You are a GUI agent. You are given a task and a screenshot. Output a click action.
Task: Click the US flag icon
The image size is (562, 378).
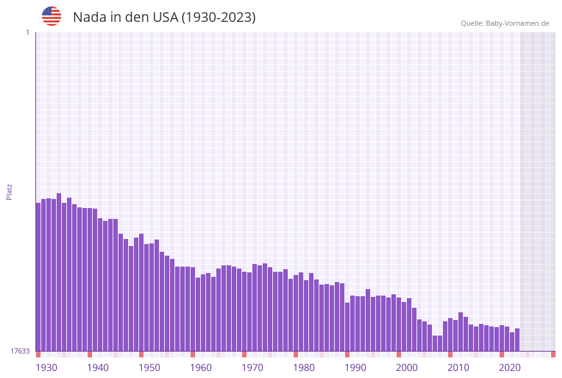tap(52, 16)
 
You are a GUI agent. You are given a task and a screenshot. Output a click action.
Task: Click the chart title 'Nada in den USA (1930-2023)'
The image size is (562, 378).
tap(164, 17)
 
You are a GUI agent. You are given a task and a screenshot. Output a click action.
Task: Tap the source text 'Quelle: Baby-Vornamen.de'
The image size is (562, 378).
tap(505, 23)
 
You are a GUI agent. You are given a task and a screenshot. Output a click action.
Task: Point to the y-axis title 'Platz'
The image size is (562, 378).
tap(10, 192)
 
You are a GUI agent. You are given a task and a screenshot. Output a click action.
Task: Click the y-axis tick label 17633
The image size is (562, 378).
tap(19, 351)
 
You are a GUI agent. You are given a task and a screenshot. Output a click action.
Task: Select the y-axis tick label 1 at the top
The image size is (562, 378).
tap(27, 32)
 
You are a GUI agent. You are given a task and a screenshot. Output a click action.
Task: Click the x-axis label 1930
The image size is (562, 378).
tap(46, 368)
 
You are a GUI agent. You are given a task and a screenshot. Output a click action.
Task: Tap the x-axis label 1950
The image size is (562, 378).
tap(149, 368)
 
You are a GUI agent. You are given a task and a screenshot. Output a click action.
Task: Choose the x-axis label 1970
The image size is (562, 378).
tap(252, 368)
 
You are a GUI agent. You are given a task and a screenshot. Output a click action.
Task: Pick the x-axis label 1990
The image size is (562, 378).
tap(355, 368)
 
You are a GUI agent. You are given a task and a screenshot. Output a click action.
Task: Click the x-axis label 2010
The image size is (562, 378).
tap(458, 368)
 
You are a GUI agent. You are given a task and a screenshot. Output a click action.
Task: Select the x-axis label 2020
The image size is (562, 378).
tap(510, 368)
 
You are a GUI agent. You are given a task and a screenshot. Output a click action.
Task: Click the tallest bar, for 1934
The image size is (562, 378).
tap(59, 270)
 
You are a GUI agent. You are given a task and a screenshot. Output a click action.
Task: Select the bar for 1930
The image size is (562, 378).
tap(39, 277)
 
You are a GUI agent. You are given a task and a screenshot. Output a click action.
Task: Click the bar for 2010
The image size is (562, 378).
tap(451, 334)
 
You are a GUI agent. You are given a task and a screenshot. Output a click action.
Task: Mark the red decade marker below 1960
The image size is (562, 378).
tap(193, 354)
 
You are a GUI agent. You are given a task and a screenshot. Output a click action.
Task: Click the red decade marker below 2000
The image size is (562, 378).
tap(399, 354)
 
